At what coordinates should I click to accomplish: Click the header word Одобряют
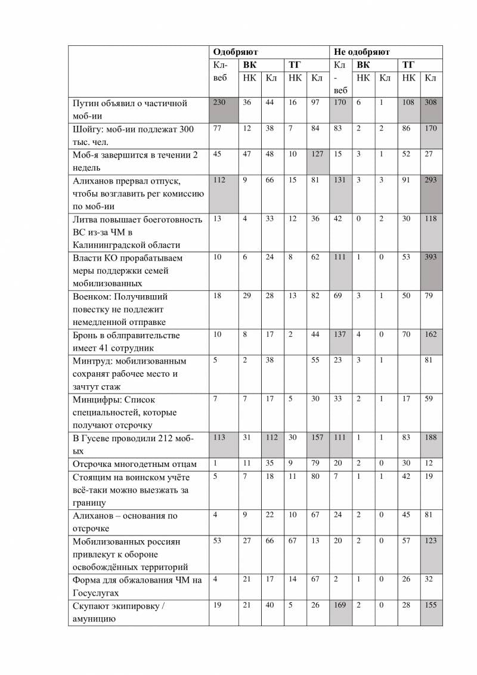coord(236,52)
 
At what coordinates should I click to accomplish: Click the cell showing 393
coord(430,257)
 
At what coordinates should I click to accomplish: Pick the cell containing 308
coord(430,103)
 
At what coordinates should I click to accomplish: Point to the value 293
coord(430,180)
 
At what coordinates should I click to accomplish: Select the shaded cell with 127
coord(317,154)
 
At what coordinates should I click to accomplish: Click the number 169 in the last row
coord(340,605)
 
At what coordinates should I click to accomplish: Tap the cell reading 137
coord(340,334)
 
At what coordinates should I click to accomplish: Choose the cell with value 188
coord(430,437)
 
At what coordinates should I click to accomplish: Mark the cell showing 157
coord(317,437)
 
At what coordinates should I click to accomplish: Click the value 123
coord(430,540)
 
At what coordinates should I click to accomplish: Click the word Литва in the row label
coord(85,219)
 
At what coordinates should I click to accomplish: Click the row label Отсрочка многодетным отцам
coord(134,464)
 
